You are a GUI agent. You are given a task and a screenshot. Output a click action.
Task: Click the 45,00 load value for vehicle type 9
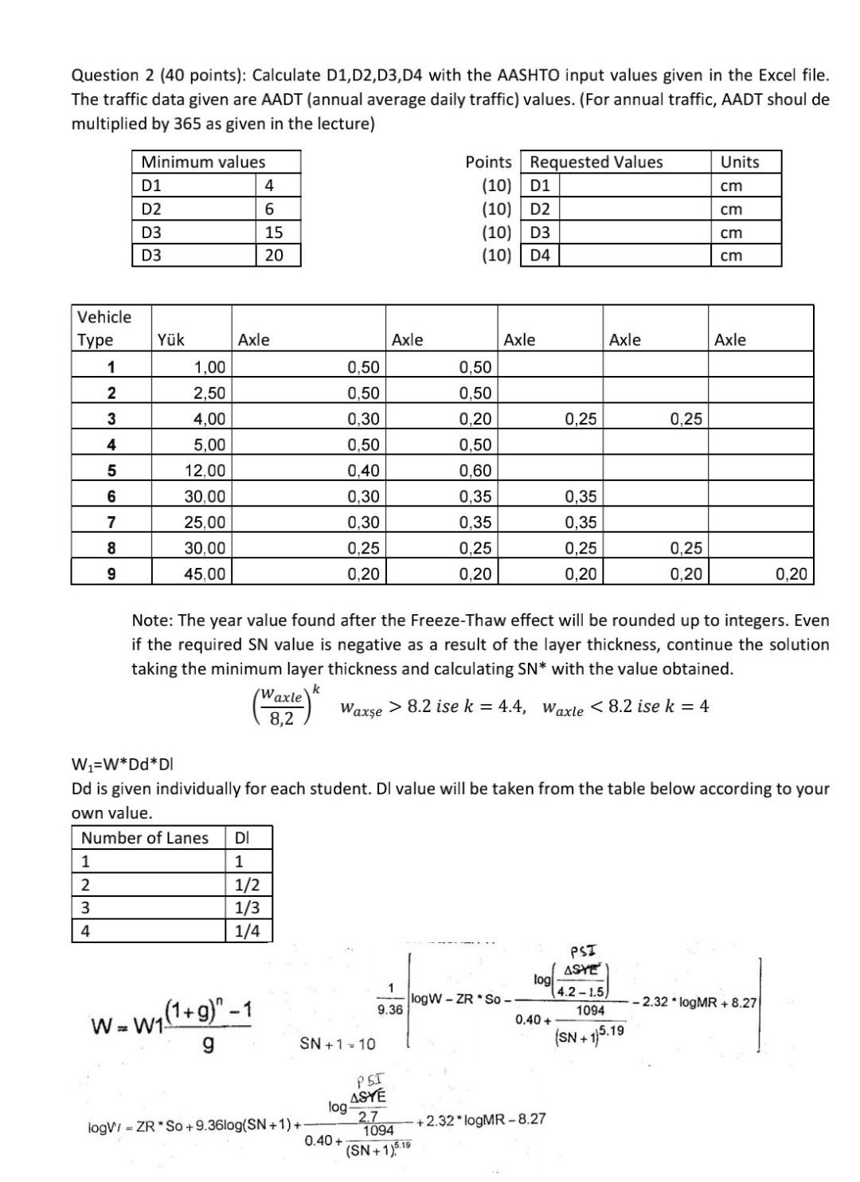pos(205,573)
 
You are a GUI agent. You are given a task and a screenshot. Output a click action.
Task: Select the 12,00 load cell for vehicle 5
pos(205,471)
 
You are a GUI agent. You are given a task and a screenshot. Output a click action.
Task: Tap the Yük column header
pos(171,340)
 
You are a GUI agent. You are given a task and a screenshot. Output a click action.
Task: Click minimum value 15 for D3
pos(273,233)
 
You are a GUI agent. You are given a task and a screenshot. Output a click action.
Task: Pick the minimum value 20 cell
pos(273,256)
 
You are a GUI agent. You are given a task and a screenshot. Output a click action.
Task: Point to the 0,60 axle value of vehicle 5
pos(475,471)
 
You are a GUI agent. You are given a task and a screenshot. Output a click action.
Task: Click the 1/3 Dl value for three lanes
pos(247,908)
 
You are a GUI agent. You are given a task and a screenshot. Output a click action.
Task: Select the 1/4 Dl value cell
pos(247,931)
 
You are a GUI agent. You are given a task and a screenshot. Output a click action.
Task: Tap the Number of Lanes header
pos(145,838)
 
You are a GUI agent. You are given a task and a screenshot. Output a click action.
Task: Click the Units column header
pos(739,162)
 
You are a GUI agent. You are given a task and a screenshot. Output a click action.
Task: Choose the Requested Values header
pos(596,162)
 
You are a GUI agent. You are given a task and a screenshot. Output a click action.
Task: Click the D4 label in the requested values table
pos(540,256)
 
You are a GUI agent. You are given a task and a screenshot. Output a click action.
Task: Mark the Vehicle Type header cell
pos(104,328)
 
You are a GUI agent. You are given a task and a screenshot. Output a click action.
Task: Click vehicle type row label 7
pos(111,523)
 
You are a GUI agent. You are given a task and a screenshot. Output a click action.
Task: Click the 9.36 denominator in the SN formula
pos(390,1008)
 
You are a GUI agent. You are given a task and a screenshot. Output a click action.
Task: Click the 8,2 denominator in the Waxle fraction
pos(281,718)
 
